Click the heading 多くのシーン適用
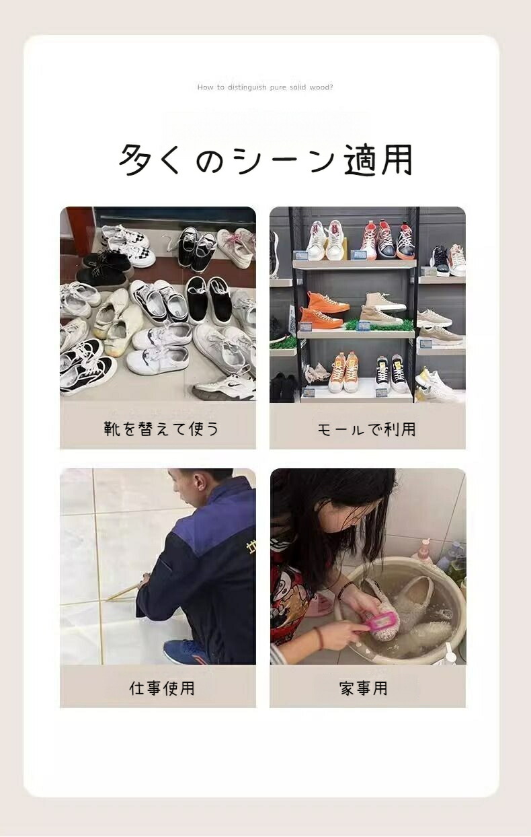point(265,159)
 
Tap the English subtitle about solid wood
point(265,87)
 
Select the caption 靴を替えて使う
point(161,429)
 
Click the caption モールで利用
point(367,429)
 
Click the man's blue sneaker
point(183,653)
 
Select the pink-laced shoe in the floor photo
point(235,242)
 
